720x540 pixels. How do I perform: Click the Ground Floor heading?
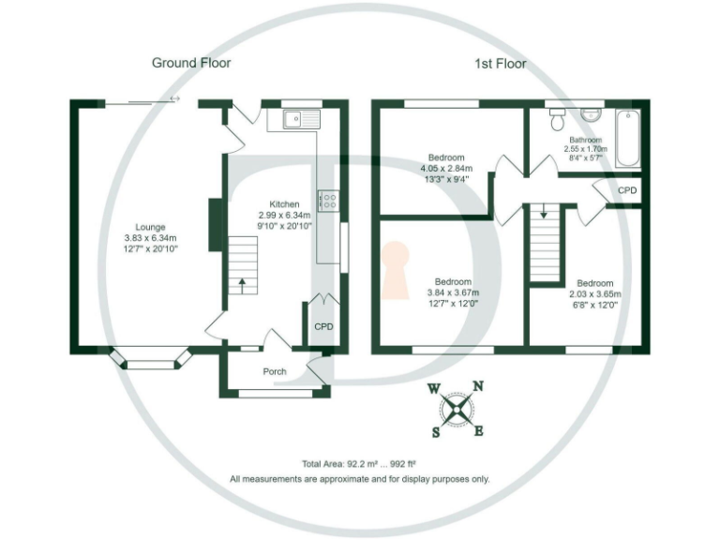coord(191,63)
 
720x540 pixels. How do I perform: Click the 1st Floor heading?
coord(500,64)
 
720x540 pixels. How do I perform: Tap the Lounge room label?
coord(150,227)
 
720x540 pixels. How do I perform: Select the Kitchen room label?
coord(284,204)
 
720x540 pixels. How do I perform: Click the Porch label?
coord(274,371)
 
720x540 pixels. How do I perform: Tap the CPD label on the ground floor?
coord(323,326)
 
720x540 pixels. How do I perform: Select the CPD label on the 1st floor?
coord(627,190)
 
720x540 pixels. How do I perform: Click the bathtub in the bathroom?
coord(627,138)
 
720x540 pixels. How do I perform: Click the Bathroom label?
coord(586,140)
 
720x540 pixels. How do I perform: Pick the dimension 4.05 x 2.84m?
coord(446,169)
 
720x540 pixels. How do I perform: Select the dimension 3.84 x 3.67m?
coord(452,292)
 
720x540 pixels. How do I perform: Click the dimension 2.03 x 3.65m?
coord(594,294)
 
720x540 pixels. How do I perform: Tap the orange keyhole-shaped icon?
coord(397,268)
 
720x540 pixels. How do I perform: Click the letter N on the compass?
coord(477,385)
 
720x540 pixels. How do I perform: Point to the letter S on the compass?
coord(436,432)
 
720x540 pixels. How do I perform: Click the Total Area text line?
coord(359,464)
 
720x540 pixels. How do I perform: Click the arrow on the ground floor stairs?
coord(243,282)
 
